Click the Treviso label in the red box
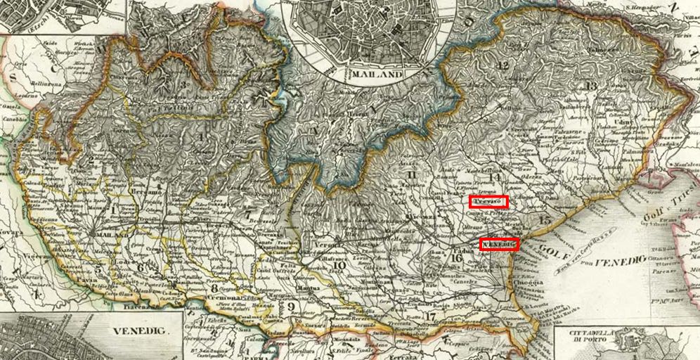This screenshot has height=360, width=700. click(x=489, y=202)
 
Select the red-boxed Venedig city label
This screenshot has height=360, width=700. click(x=499, y=245)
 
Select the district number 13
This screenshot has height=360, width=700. click(x=591, y=86)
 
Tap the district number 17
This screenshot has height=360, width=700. click(x=431, y=316)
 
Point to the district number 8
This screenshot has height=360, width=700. click(x=214, y=288)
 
